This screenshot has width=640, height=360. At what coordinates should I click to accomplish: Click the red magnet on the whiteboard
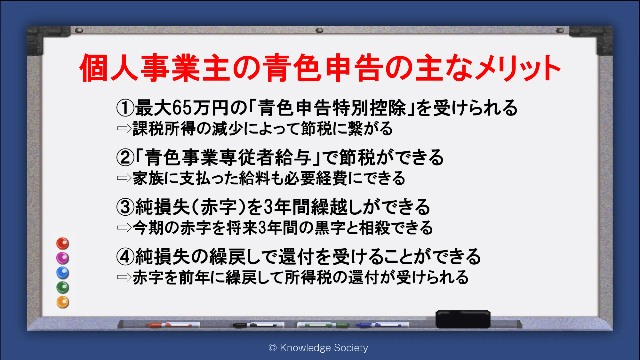[63, 244]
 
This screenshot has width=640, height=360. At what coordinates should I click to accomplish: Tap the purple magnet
[63, 258]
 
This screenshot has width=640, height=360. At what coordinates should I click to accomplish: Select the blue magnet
[63, 273]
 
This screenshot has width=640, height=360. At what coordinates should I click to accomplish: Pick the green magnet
[63, 287]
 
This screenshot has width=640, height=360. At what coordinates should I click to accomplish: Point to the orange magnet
[63, 302]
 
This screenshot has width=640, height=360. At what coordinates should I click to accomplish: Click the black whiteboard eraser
[463, 319]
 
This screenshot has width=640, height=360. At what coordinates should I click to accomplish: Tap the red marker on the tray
[173, 325]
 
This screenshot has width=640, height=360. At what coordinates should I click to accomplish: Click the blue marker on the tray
[383, 325]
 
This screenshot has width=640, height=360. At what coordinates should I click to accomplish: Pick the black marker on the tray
[259, 325]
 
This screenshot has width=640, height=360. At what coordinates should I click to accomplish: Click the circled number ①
[125, 108]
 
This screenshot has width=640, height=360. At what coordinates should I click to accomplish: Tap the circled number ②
[125, 157]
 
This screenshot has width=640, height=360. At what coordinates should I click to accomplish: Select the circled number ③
[125, 207]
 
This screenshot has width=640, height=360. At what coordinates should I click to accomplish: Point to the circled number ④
[125, 257]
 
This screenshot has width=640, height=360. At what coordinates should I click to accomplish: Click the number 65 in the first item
[182, 108]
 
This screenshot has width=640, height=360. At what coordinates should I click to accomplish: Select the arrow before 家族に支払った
[124, 178]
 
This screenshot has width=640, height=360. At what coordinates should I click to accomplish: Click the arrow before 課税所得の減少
[124, 128]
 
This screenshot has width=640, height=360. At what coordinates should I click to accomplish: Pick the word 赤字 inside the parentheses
[219, 207]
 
